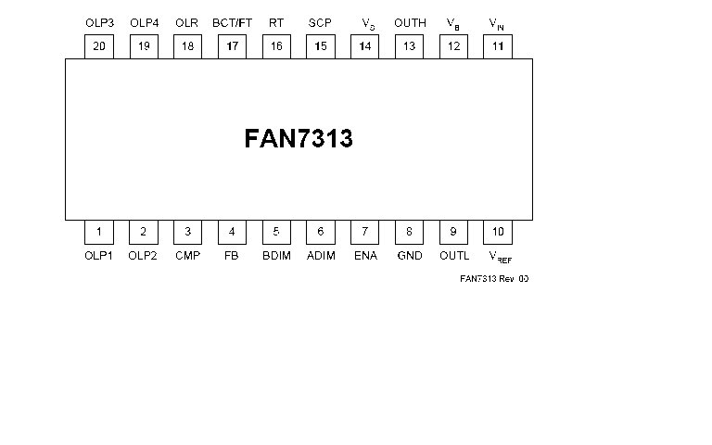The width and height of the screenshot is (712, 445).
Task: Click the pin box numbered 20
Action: point(99,46)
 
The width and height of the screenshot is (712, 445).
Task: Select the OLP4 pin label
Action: point(145,22)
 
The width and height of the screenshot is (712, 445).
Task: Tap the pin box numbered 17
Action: point(232,46)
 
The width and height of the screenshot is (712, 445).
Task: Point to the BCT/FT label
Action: point(232,22)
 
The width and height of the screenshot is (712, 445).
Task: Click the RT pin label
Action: point(276,22)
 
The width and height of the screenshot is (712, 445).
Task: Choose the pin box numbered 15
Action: point(321,46)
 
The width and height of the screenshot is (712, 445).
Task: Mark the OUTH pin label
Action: point(410,22)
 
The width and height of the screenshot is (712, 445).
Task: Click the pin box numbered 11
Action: point(498,46)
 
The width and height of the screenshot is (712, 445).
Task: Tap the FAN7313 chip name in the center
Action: point(299,138)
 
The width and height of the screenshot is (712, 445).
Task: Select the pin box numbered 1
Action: point(99,232)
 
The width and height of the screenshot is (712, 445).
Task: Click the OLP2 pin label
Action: point(143,256)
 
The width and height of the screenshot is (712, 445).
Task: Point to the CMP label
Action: point(187,256)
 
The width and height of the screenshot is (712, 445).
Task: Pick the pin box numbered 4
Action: point(232,232)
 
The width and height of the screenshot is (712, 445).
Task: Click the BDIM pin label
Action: point(276,256)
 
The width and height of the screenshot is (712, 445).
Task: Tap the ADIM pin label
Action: point(321,256)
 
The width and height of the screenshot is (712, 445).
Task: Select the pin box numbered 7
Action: point(364,232)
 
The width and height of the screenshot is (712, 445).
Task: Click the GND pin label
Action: point(410,256)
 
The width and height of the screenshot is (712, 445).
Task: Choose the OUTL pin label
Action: point(454,256)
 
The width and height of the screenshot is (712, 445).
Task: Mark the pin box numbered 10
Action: point(498,232)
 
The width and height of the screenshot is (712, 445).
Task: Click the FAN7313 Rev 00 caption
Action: point(494,278)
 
